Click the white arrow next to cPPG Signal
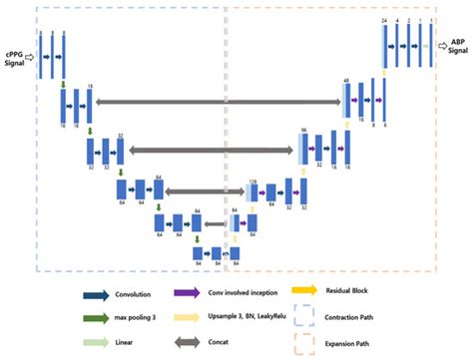[32, 57]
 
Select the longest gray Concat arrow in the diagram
[219, 102]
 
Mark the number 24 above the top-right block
[383, 20]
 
